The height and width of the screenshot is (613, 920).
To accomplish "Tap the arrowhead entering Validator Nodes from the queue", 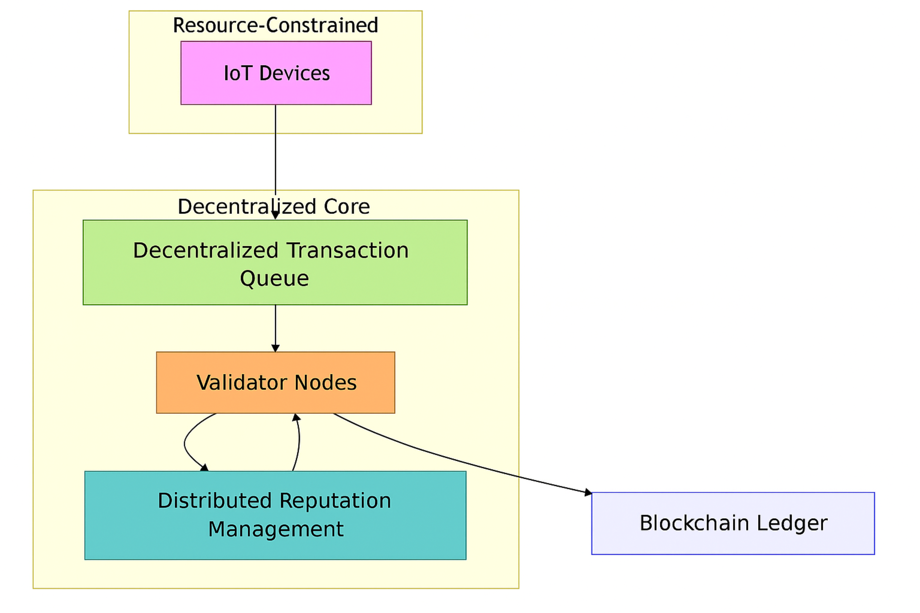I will pos(275,348).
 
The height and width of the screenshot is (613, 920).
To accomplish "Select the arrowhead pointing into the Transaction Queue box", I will pos(275,215).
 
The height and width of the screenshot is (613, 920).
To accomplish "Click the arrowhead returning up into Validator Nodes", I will pos(297,417).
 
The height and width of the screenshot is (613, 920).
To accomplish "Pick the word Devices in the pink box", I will pos(295,73).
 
